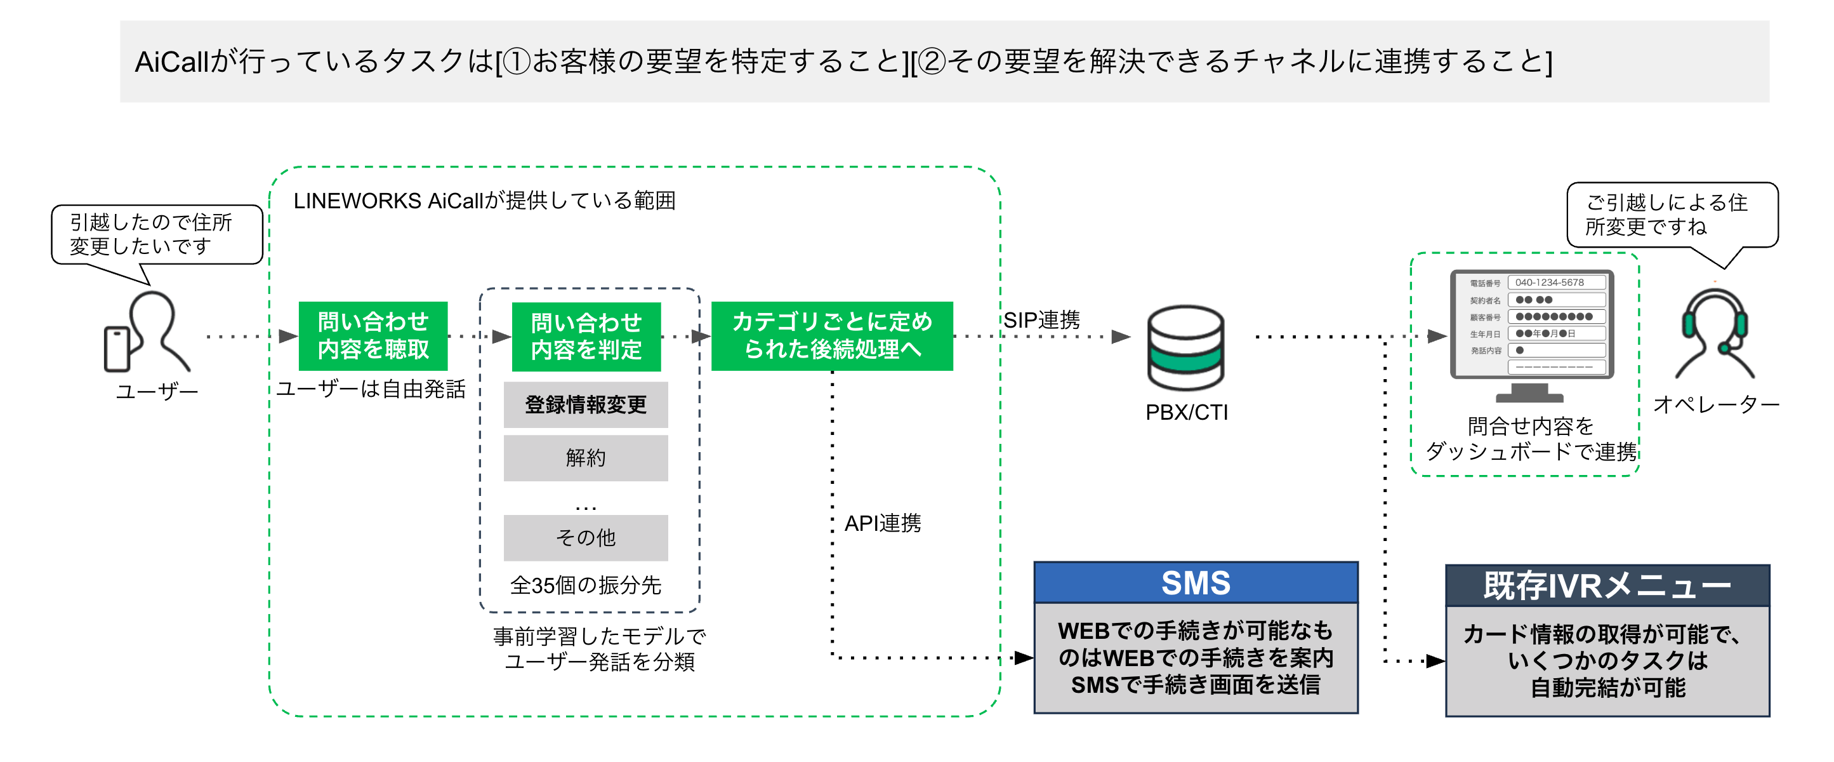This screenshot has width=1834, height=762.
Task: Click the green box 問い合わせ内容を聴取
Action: coord(373,335)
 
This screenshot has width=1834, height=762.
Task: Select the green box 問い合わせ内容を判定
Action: coord(586,336)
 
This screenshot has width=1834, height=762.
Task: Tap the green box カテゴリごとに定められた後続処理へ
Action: coord(831,335)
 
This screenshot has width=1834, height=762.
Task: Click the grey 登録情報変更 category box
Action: coord(585,404)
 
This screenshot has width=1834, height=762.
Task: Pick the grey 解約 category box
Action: coord(585,458)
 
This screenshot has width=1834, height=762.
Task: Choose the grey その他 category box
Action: coord(585,538)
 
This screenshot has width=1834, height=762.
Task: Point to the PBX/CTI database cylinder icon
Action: coord(1185,347)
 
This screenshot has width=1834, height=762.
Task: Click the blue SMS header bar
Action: coord(1196,582)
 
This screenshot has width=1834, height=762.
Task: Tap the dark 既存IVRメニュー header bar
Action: coord(1607,586)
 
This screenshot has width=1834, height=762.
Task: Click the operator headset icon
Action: coord(1713,331)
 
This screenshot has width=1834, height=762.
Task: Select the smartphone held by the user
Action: coord(117,349)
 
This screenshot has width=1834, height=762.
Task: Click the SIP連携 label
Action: coord(1041,320)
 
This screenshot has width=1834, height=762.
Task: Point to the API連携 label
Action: coord(882,523)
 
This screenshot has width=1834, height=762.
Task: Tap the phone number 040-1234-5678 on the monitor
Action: coord(1549,283)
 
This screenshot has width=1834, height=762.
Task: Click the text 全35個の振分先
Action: coord(585,585)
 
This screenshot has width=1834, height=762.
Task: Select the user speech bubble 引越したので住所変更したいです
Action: coord(157,234)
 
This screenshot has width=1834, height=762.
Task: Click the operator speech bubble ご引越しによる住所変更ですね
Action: coord(1672,215)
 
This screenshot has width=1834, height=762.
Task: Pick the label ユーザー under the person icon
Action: coord(157,392)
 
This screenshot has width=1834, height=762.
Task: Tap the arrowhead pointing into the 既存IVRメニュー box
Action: coord(1435,661)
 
